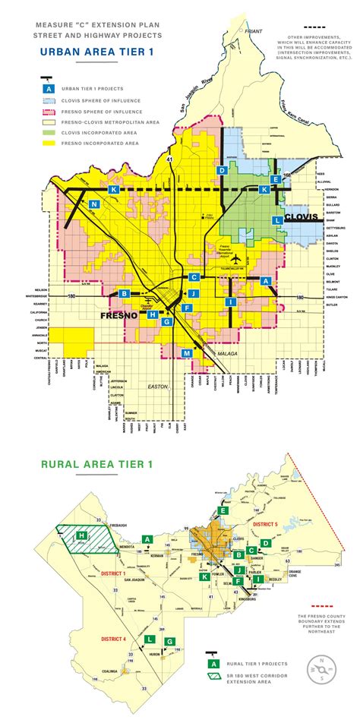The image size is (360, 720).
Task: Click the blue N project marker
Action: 93,204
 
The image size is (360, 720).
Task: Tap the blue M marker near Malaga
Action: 187,353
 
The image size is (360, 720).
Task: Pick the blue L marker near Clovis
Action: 278,219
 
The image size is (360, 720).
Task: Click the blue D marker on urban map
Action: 222,171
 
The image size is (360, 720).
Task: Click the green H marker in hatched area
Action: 81,537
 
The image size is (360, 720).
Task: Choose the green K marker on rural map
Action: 204,577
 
